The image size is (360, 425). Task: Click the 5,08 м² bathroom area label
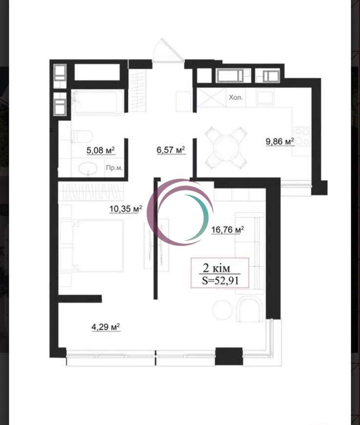101,150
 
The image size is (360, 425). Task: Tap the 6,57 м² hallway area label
171,150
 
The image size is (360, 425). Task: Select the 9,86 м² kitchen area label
280,142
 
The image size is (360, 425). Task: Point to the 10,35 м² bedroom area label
126,209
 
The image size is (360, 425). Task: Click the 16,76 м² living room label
227,230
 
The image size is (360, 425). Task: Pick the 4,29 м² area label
106,327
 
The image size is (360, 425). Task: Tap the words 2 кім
217,268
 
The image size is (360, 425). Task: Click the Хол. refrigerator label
236,97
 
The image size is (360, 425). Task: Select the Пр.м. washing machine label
114,168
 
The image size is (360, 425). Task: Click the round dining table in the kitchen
226,148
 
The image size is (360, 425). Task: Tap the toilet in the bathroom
82,136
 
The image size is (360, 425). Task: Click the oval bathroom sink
88,168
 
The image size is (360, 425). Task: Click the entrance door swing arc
168,50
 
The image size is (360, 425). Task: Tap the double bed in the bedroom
98,246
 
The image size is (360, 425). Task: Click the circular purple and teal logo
180,212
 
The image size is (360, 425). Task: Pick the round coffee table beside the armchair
222,310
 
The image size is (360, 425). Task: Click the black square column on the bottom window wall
229,356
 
